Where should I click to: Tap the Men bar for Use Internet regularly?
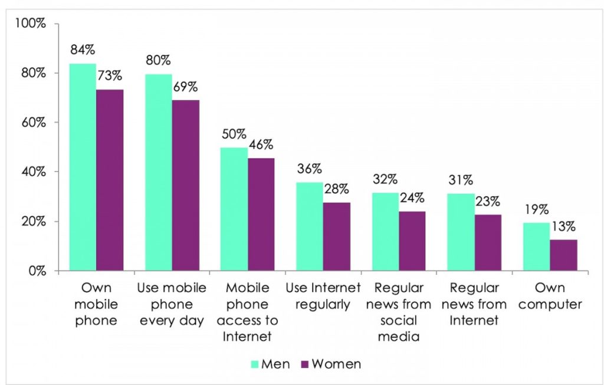(309, 226)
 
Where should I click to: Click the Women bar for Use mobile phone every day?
(185, 185)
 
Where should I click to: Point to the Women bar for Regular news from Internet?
(488, 242)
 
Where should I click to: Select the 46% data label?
(261, 145)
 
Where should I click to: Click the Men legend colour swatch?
(256, 364)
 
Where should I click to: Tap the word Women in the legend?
(336, 364)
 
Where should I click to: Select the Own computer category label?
(549, 297)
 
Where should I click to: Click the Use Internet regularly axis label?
(323, 297)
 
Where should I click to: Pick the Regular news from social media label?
(399, 312)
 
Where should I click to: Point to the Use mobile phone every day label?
(172, 305)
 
